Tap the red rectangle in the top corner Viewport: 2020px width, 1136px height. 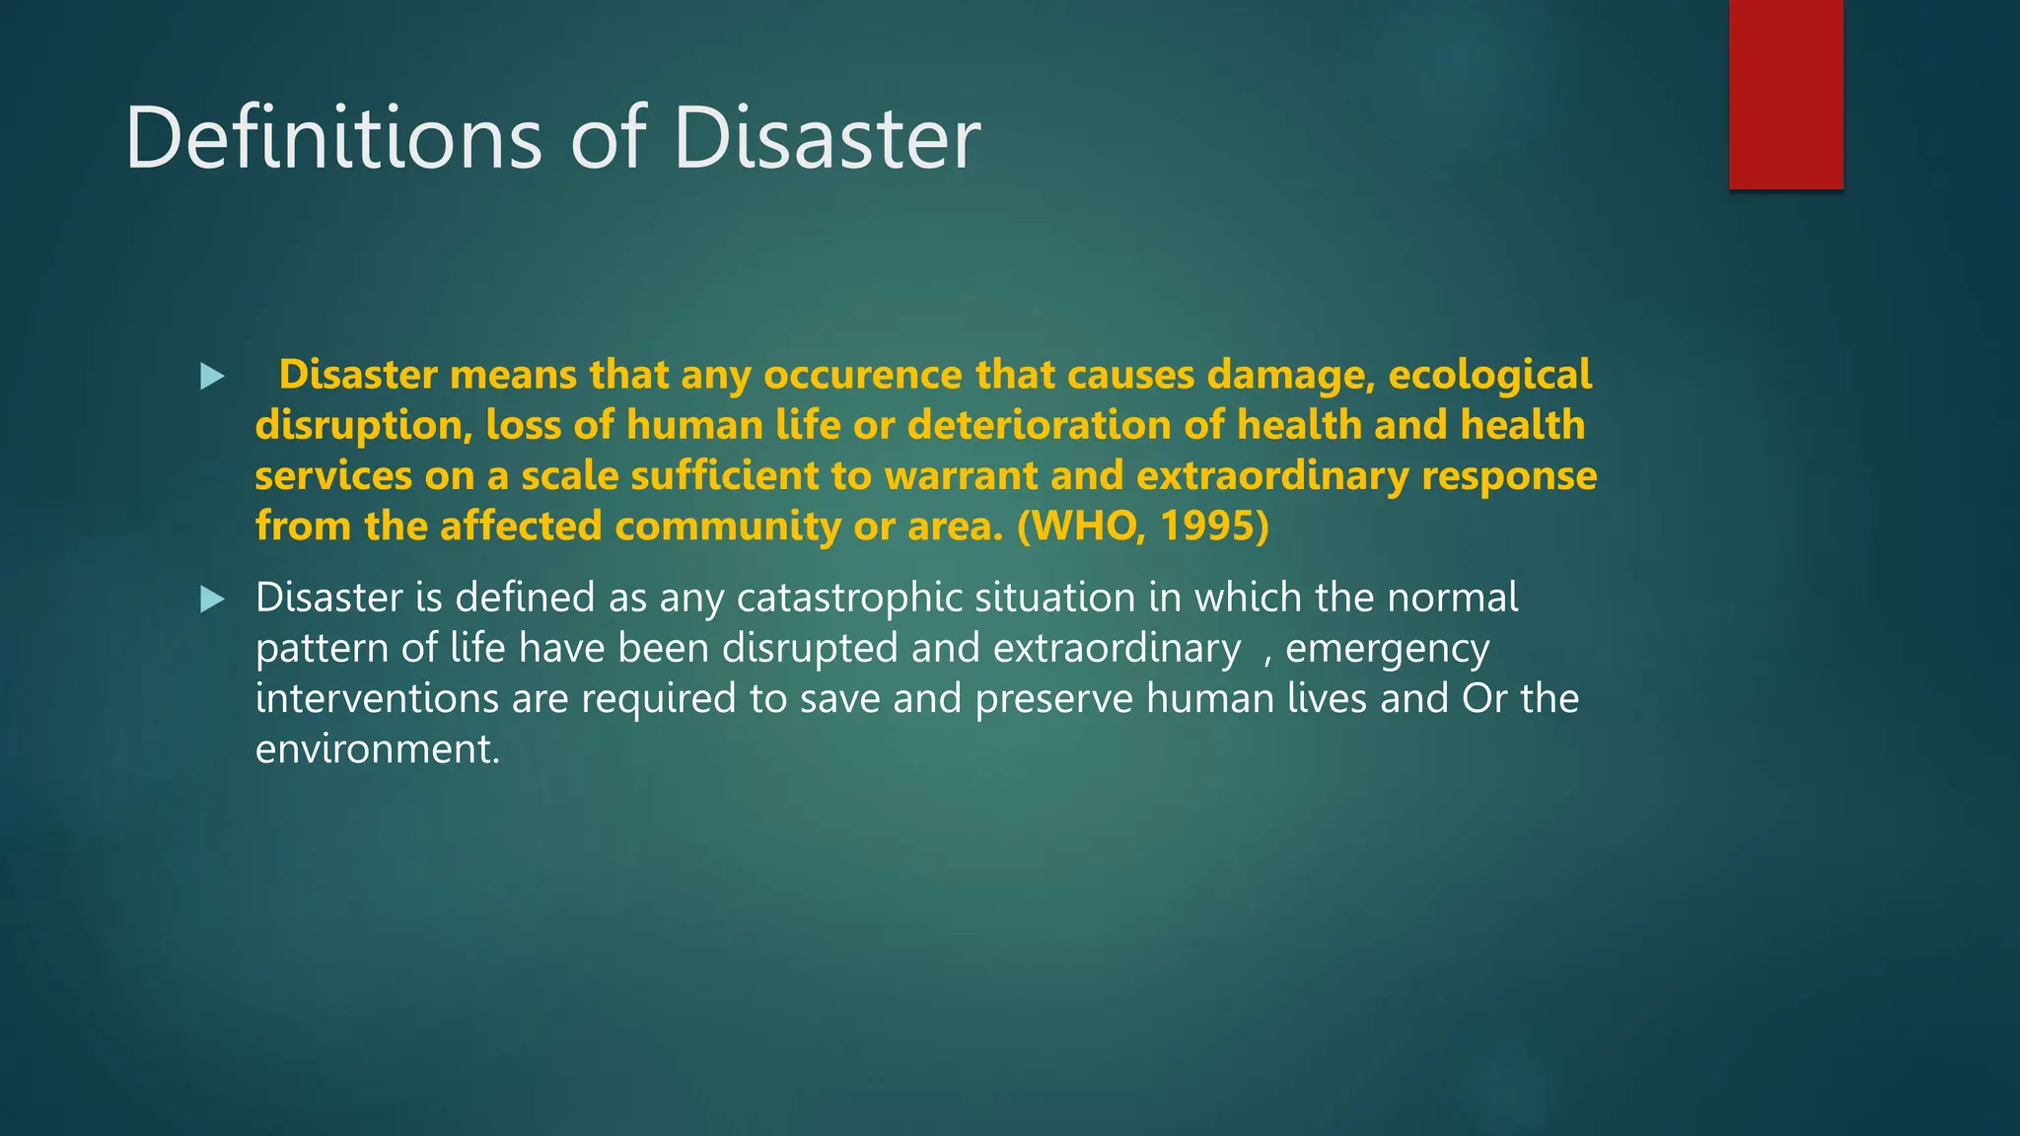pos(1785,94)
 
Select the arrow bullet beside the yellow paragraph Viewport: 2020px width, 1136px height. pos(212,376)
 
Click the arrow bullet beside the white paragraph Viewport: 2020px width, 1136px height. pos(212,599)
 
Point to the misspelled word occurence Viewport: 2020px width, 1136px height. pos(862,375)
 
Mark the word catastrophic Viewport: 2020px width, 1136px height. pos(849,598)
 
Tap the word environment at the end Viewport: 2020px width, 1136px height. pos(377,749)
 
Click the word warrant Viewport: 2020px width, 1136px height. pos(961,475)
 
